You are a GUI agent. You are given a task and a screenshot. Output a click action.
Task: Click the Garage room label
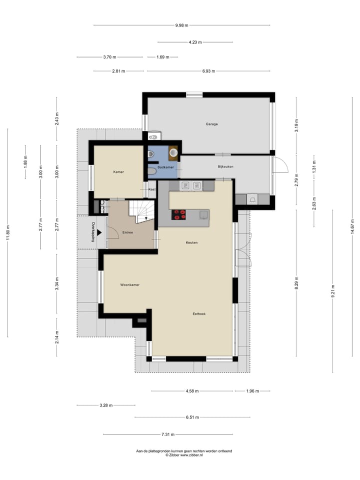pos(211,124)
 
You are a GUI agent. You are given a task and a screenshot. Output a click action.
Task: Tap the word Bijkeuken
pos(225,166)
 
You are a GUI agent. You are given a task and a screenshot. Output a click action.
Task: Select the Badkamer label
pos(165,167)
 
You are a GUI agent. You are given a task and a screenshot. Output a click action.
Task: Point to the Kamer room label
pos(118,172)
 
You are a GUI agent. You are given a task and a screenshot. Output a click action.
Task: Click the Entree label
pos(127,232)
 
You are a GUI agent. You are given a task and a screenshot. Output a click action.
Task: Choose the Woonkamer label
pos(129,285)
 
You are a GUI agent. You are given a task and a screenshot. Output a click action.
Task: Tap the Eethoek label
pos(199,314)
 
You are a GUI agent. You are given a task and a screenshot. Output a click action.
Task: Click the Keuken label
pos(191,242)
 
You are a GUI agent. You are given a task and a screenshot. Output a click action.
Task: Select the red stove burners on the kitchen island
pos(179,214)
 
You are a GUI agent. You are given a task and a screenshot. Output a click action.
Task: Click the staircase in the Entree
pos(142,210)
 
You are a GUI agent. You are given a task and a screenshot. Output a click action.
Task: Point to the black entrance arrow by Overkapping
pos(99,232)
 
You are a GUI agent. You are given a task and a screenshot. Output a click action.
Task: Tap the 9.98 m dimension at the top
pos(181,25)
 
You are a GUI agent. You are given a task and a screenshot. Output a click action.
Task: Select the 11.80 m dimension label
pos(8,232)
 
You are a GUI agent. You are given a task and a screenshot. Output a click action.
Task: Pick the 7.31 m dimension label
pos(167,434)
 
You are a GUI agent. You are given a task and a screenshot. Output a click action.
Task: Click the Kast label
pos(152,189)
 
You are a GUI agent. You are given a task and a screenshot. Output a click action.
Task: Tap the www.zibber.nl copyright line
pos(184,455)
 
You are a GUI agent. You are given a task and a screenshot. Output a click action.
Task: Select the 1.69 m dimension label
pos(163,57)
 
